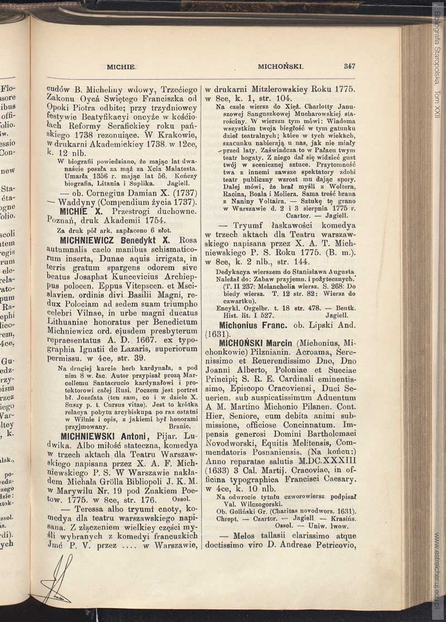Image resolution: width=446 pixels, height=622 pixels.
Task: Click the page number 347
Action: click(x=350, y=66)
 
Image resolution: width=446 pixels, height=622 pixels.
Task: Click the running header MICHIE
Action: click(x=122, y=66)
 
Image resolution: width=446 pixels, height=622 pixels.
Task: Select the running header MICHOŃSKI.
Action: click(x=280, y=66)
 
